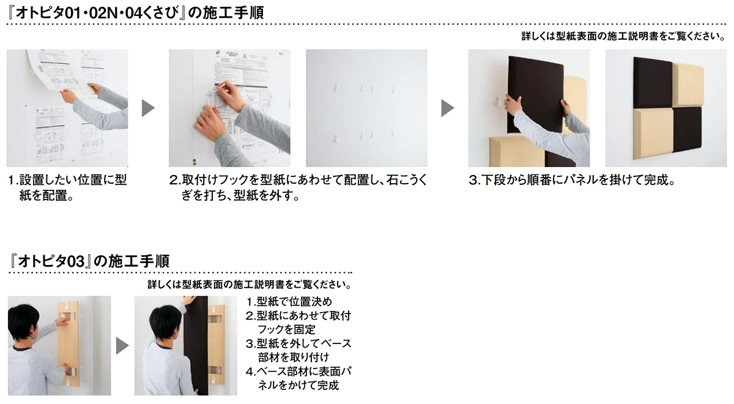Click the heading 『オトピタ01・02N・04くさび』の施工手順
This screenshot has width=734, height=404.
[135, 13]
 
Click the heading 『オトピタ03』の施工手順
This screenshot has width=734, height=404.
[89, 261]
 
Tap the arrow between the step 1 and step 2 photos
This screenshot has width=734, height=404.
[148, 108]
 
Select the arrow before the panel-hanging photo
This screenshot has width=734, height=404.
[448, 108]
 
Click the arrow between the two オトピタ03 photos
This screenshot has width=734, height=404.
[122, 346]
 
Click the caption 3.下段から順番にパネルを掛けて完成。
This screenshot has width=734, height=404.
[572, 181]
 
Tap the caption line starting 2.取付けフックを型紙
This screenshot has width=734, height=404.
[298, 181]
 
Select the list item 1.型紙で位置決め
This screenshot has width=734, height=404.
[289, 301]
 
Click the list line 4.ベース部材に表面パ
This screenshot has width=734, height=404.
[298, 372]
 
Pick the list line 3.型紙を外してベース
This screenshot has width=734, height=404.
[298, 343]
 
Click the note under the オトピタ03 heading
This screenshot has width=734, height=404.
[250, 284]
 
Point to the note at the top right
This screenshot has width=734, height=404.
[623, 36]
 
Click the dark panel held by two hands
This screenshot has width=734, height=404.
[535, 95]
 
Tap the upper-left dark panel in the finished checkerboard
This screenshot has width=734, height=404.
[653, 83]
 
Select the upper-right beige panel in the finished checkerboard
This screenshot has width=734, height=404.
[688, 84]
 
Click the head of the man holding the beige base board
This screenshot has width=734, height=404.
[24, 323]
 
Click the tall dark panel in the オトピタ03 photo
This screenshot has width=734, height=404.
[196, 346]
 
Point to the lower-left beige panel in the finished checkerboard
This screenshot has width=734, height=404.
[653, 133]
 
